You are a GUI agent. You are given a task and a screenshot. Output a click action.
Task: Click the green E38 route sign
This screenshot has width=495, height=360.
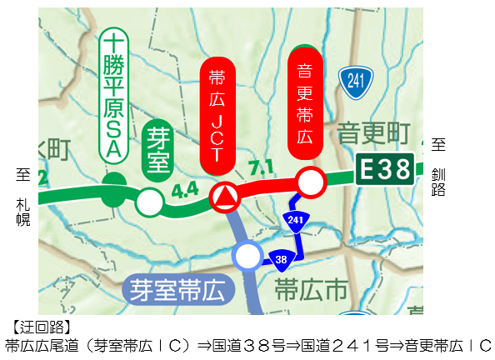(x=385, y=170)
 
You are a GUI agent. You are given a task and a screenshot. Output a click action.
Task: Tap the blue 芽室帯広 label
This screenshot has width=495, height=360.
(x=177, y=291)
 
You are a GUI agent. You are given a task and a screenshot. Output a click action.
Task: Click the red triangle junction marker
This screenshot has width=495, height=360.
(x=224, y=197)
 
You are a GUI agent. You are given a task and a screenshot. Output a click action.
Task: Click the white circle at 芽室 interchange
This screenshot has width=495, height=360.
(x=150, y=201)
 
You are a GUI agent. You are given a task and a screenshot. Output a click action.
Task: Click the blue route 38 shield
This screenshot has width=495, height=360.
(x=281, y=260)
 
